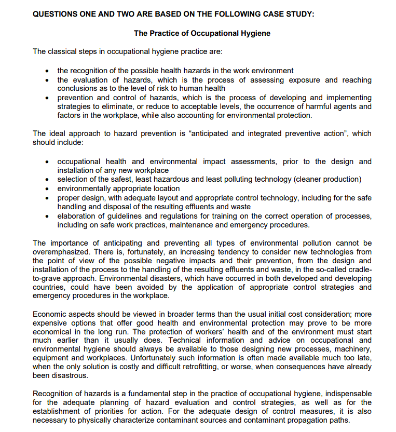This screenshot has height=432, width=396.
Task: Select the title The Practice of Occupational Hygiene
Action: (x=202, y=33)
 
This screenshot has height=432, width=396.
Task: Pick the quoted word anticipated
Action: (x=209, y=133)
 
